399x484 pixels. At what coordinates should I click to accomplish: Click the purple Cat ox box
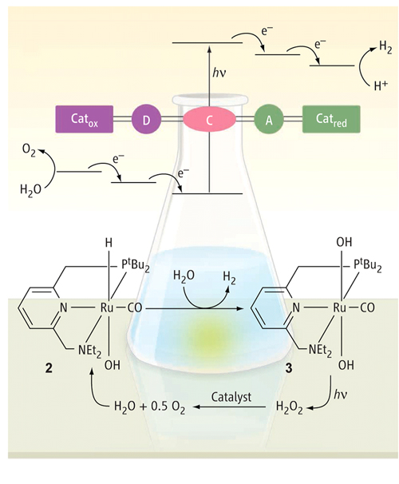[x=84, y=119]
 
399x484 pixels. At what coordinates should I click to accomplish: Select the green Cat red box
[x=331, y=119]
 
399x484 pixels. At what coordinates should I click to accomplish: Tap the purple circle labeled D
[x=147, y=119]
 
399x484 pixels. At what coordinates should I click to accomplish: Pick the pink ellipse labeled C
[x=209, y=120]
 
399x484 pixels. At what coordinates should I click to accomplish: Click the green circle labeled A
[x=269, y=119]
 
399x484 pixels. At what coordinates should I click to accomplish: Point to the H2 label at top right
[x=385, y=47]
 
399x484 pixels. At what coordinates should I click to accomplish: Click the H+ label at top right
[x=381, y=85]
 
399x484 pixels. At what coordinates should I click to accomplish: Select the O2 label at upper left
[x=29, y=150]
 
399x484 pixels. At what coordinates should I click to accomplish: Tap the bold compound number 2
[x=49, y=368]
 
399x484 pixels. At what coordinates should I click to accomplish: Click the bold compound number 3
[x=288, y=368]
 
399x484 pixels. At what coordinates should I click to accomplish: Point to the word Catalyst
[x=231, y=397]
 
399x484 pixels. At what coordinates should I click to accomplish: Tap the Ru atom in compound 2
[x=107, y=307]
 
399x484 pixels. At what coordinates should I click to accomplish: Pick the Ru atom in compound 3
[x=340, y=307]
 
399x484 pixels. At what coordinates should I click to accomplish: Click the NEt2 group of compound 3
[x=320, y=351]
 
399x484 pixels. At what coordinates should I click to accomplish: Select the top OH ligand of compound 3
[x=344, y=242]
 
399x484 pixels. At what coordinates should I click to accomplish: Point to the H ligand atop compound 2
[x=109, y=243]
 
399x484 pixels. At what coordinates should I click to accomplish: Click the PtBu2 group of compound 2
[x=135, y=266]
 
